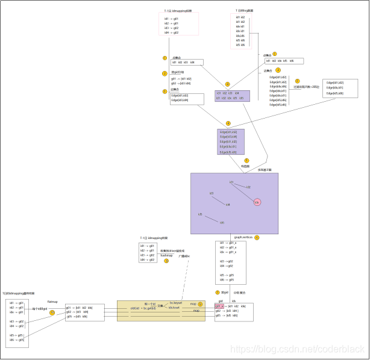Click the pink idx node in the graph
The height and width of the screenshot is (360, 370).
[257, 202]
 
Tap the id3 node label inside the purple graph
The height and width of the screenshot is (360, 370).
[212, 193]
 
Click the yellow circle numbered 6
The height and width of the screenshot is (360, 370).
[257, 237]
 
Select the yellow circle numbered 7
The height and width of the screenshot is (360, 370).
[218, 292]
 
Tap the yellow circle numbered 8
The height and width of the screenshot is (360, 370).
[167, 261]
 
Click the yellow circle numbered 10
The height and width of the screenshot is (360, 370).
[52, 312]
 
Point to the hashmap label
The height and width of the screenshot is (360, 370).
[166, 255]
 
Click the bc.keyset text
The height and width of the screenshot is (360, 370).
[175, 303]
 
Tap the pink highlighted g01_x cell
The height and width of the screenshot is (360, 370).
[219, 306]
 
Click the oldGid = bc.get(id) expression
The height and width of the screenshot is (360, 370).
[143, 308]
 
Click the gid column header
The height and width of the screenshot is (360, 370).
[221, 300]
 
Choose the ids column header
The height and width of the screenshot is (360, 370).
[234, 300]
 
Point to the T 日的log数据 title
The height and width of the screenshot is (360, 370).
[248, 10]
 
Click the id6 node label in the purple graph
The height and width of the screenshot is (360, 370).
[222, 223]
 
